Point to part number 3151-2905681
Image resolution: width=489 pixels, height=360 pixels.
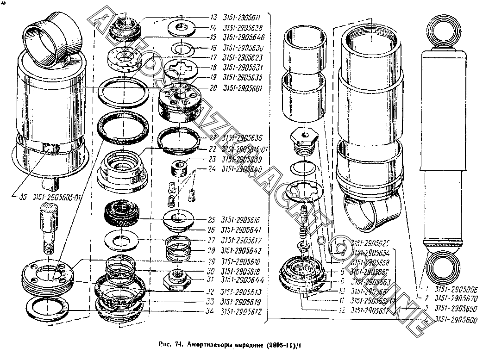[x=242, y=88]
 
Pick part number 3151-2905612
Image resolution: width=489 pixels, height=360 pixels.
[x=242, y=312]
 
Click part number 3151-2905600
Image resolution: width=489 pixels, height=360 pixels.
[x=457, y=319]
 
